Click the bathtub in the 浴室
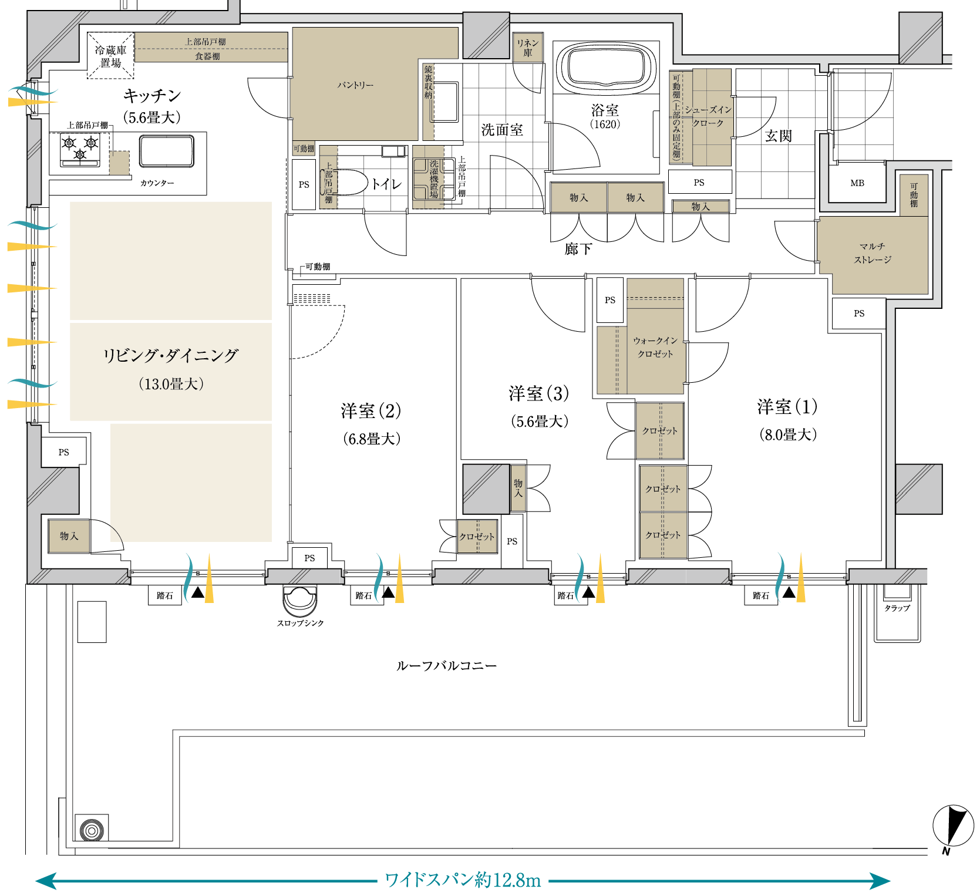[x=605, y=68]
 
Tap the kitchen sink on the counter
[x=166, y=151]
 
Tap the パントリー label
[x=355, y=85]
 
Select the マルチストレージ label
[x=873, y=253]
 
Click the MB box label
[x=857, y=183]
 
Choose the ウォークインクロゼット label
[x=655, y=347]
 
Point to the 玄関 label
[x=778, y=136]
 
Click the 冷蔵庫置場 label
[x=111, y=56]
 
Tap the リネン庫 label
[x=527, y=48]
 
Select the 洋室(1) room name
[x=787, y=407]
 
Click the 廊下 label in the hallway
[x=578, y=250]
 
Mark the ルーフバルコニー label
[x=446, y=666]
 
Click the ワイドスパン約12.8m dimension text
[x=462, y=880]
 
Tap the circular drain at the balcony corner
[x=92, y=831]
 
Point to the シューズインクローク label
[x=708, y=116]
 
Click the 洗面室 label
[x=501, y=130]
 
